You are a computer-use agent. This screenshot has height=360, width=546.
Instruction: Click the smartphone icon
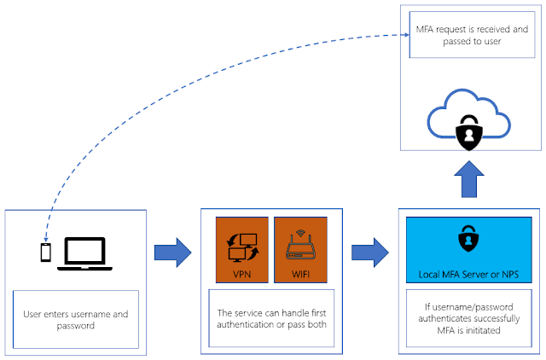pos(45,252)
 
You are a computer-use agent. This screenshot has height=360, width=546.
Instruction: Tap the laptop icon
pos(84,254)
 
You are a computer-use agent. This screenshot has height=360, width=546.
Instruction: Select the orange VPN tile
pos(242,250)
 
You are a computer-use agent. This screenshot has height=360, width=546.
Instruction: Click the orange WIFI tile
pos(300,250)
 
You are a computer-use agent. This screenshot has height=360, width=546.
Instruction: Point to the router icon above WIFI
pos(300,245)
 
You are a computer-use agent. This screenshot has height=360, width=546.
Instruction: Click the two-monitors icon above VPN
pos(242,247)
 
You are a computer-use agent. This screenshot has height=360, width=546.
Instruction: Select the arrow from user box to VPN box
pos(172,253)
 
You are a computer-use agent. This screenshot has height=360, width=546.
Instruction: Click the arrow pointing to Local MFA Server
pos(369,253)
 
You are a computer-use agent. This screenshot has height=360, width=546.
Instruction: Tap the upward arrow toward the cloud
pos(469,179)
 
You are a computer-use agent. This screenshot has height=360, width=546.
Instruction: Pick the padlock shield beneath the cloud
pos(469,132)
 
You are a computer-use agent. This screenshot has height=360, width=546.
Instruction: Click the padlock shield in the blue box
pos(468,238)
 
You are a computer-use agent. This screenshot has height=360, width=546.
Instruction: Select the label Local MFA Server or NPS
pos(468,275)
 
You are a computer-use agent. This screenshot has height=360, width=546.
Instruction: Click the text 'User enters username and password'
pos(76,320)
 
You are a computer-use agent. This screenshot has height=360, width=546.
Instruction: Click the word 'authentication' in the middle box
pos(246,324)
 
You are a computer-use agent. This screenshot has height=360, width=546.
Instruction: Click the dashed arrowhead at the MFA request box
pos(407,35)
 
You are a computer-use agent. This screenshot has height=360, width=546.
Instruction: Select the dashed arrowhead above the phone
pos(45,239)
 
